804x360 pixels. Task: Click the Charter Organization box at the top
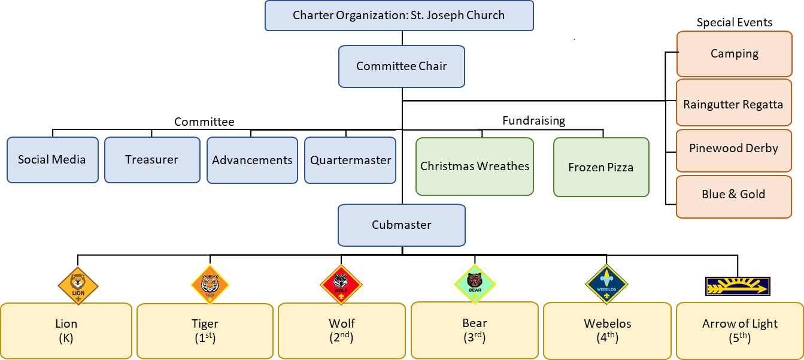399,16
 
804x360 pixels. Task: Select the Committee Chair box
401,66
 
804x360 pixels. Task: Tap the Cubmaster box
401,225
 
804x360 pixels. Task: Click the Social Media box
52,160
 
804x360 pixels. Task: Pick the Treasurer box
152,160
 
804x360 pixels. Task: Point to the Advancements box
252,160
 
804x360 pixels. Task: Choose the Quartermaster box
350,160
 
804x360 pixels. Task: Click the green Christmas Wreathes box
475,167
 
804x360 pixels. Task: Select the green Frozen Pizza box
601,167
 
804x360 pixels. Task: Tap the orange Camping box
735,54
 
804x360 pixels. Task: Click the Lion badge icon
78,285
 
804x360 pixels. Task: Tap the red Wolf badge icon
341,285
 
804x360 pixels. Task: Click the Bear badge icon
475,283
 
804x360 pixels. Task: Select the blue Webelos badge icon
606,284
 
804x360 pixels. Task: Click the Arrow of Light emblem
738,286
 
